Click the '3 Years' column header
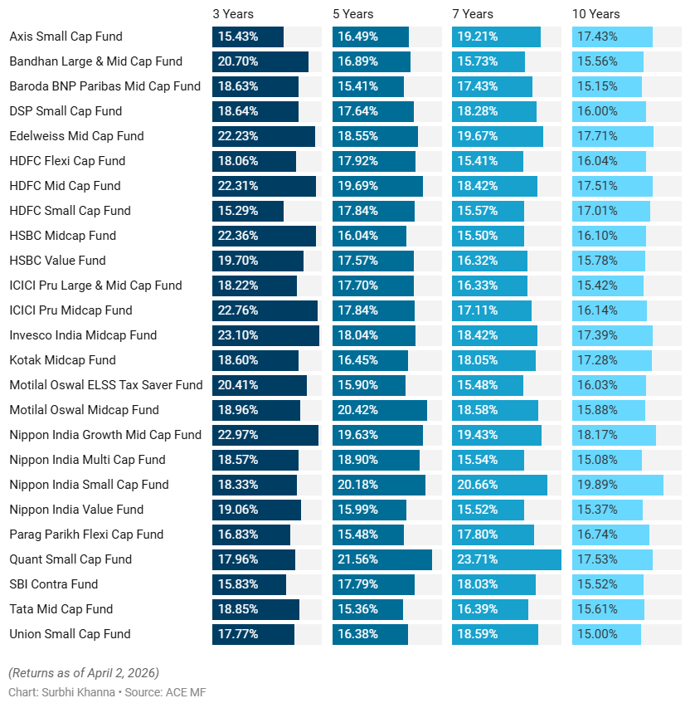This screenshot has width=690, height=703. click(x=233, y=14)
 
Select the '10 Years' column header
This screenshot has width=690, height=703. click(x=595, y=14)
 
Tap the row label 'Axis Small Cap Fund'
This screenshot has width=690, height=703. click(x=66, y=37)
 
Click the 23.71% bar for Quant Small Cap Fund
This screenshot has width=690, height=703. click(x=506, y=559)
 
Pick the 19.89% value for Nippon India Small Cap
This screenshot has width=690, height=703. click(x=597, y=485)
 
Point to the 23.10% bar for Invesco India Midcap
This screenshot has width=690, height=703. click(x=265, y=335)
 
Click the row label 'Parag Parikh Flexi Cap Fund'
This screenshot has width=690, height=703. click(x=86, y=535)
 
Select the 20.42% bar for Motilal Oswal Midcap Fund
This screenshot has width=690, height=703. click(x=379, y=410)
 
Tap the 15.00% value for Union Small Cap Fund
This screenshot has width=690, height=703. click(x=597, y=634)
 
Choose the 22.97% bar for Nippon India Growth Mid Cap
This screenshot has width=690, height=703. click(x=265, y=435)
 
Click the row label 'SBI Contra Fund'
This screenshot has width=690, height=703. click(x=53, y=584)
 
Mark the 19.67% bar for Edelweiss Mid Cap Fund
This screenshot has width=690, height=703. click(x=497, y=136)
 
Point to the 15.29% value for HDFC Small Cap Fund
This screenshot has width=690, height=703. click(x=238, y=211)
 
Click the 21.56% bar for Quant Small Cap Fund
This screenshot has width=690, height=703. click(x=381, y=559)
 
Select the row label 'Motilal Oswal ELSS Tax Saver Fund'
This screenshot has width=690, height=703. click(x=105, y=385)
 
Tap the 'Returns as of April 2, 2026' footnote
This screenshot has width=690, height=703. click(x=83, y=672)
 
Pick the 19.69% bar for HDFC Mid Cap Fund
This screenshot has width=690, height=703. click(x=377, y=186)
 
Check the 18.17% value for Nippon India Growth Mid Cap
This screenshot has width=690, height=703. click(x=597, y=435)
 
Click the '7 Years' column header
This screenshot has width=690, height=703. click(x=473, y=14)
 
